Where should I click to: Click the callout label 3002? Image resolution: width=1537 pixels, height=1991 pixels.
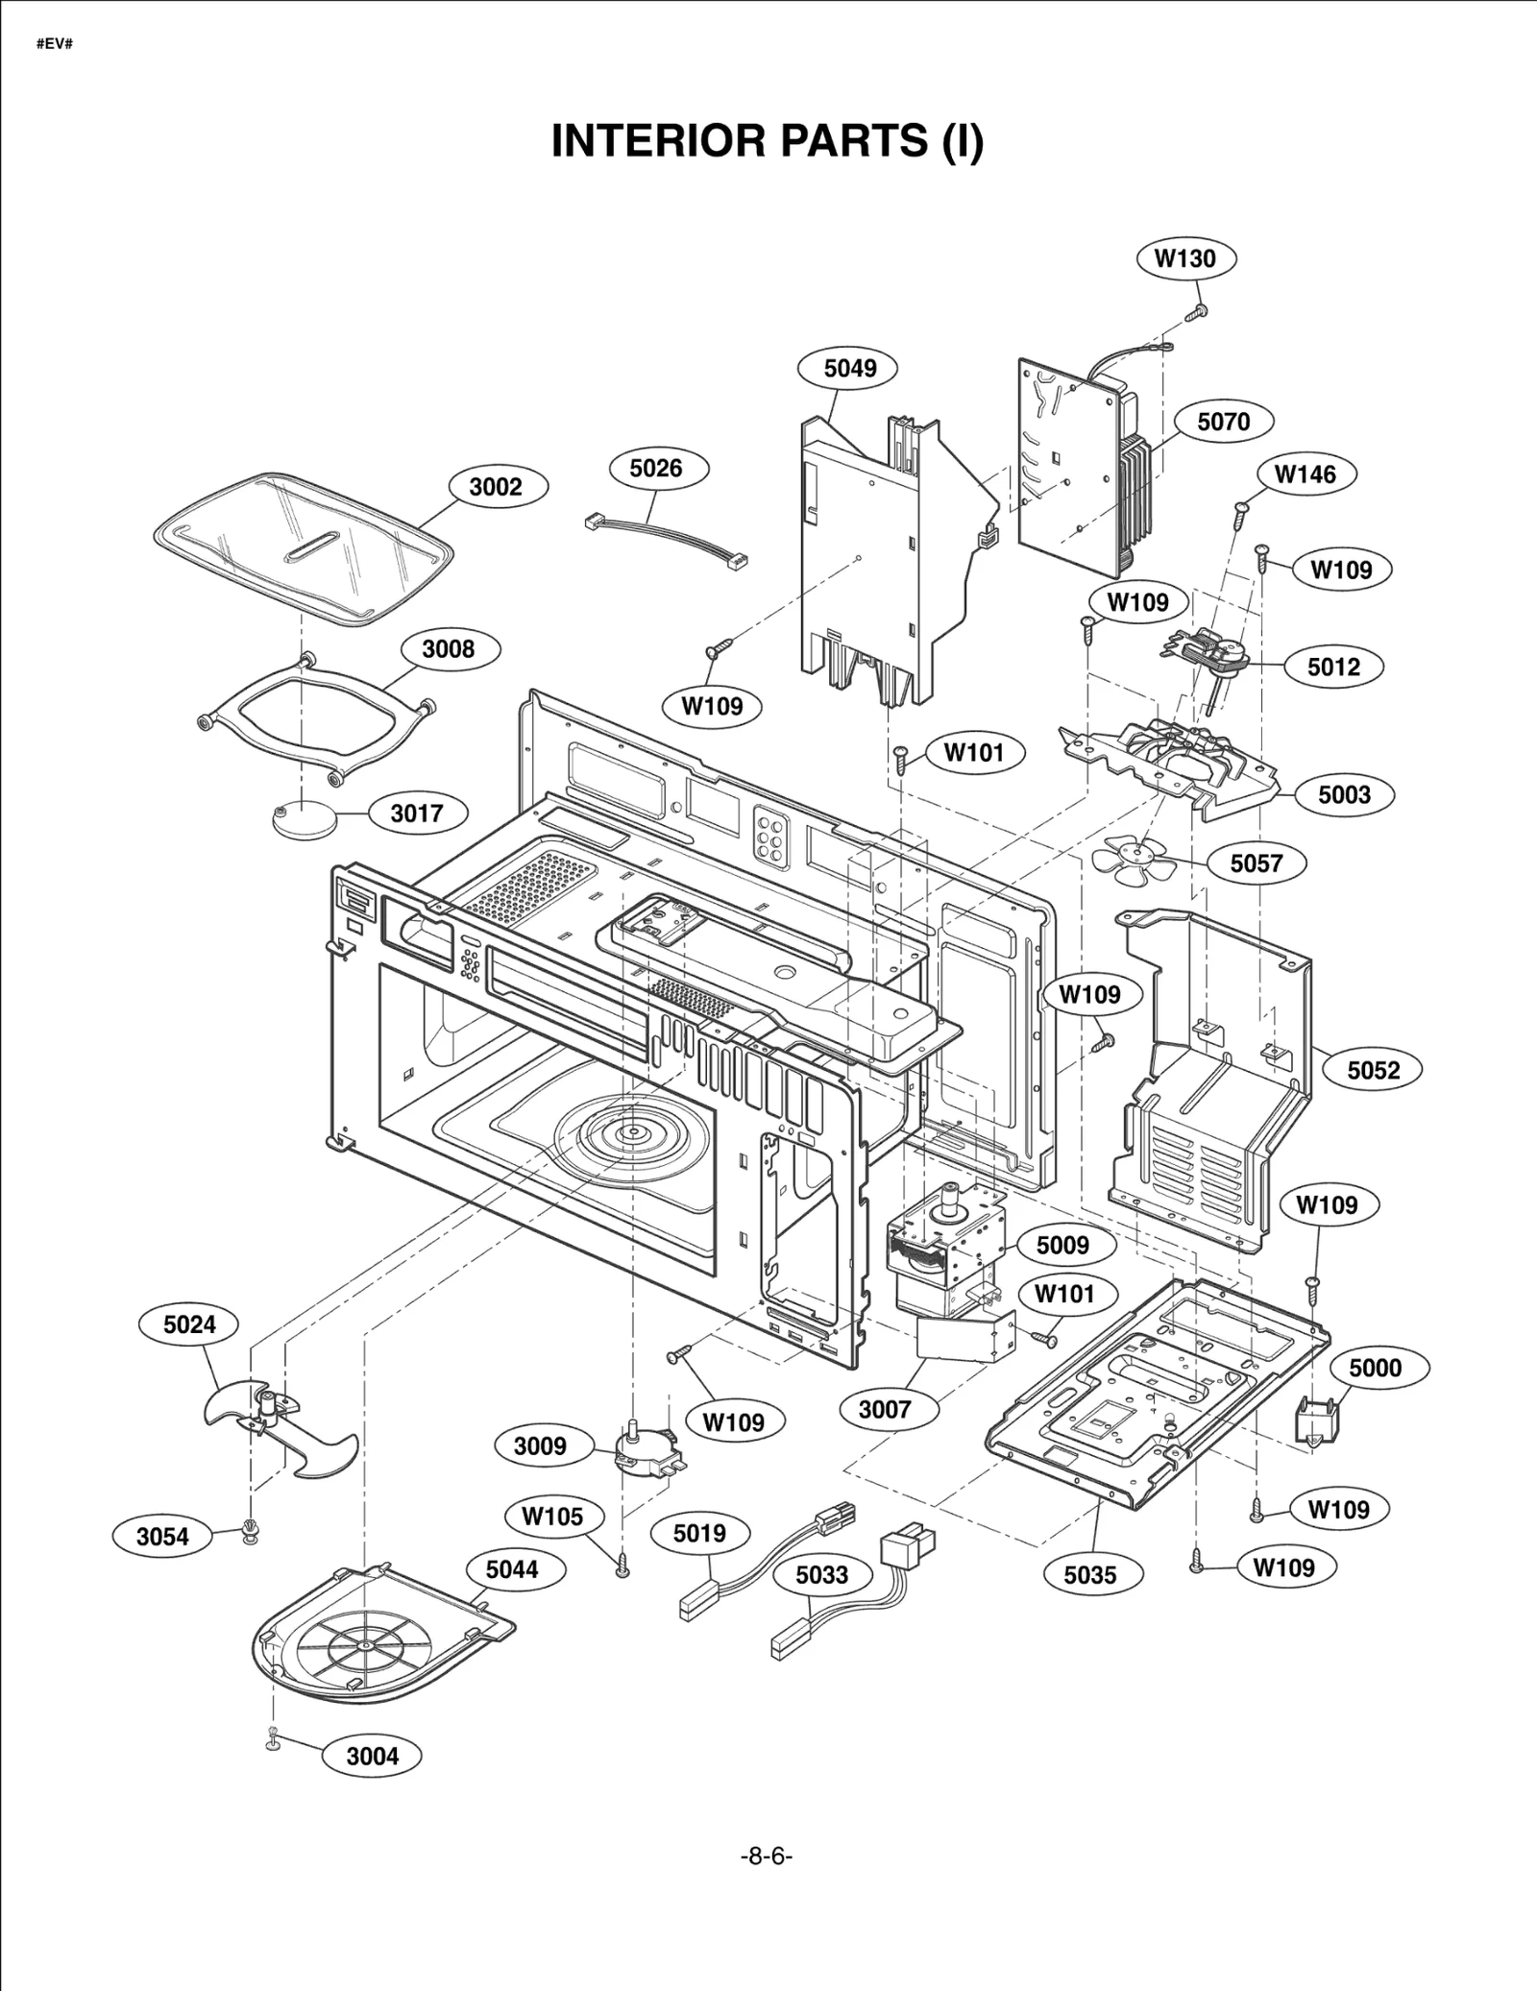pyautogui.click(x=495, y=487)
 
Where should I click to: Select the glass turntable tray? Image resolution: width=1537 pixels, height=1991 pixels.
pyautogui.click(x=303, y=547)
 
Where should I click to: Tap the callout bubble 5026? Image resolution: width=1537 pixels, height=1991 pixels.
pyautogui.click(x=656, y=469)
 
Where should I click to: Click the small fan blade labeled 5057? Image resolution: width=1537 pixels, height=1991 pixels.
pyautogui.click(x=1134, y=857)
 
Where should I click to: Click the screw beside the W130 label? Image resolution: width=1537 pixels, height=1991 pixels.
pyautogui.click(x=1198, y=311)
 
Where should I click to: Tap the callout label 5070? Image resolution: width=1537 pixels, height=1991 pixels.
pyautogui.click(x=1223, y=422)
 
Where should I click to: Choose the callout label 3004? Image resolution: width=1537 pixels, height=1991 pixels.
pyautogui.click(x=372, y=1756)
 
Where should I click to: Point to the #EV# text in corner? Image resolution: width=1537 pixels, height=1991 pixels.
pyautogui.click(x=55, y=45)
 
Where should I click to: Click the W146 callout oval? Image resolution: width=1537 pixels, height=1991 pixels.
pyautogui.click(x=1305, y=473)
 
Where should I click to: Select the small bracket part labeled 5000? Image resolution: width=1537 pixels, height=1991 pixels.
pyautogui.click(x=1318, y=1420)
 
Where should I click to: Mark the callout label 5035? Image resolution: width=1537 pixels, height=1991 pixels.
pyautogui.click(x=1090, y=1574)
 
